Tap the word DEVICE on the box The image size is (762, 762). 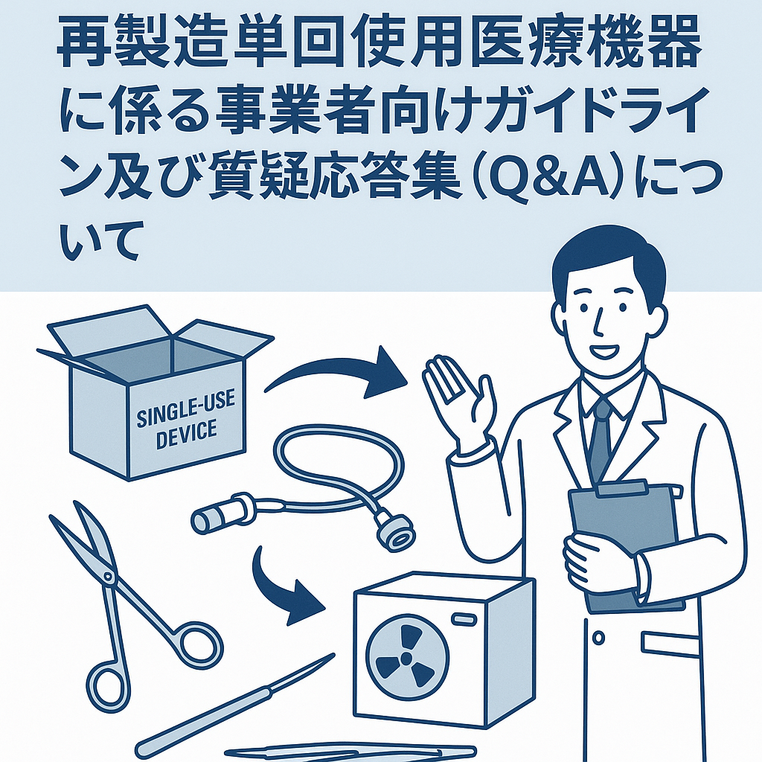(x=186, y=434)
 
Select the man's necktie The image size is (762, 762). (x=601, y=440)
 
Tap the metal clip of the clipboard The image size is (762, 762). (x=622, y=487)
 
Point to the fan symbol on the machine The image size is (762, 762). (x=406, y=658)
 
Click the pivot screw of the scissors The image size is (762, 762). (x=108, y=577)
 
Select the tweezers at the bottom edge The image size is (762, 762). (x=350, y=753)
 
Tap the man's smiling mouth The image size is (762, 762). (x=603, y=351)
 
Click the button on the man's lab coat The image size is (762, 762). (x=599, y=638)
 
